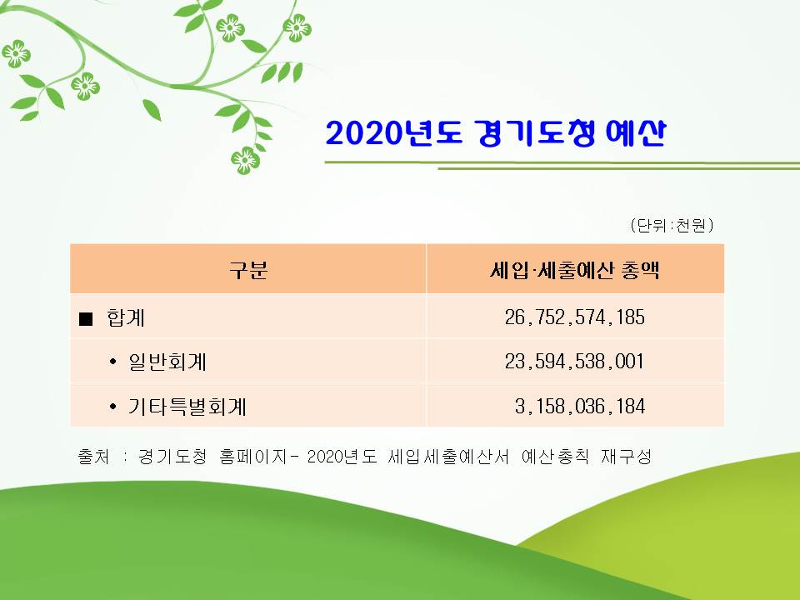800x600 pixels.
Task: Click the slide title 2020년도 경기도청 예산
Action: (x=496, y=133)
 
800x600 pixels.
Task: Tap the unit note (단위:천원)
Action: (x=672, y=225)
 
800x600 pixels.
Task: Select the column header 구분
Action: (x=248, y=270)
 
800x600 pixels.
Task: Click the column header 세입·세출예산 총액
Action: (x=575, y=270)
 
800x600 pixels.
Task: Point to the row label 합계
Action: (x=126, y=317)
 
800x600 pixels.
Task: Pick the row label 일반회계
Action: (x=167, y=362)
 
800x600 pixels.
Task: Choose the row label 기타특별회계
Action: (x=187, y=407)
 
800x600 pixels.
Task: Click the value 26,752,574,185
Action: (x=575, y=317)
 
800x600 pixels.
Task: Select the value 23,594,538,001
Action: (x=575, y=362)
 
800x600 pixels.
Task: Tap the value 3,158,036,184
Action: (x=580, y=407)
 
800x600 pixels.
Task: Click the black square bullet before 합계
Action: (x=86, y=319)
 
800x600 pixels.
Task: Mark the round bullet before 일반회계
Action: (x=112, y=362)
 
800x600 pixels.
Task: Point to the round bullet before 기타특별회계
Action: (x=112, y=407)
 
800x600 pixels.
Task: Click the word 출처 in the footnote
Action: (x=93, y=456)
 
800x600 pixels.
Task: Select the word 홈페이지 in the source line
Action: (x=253, y=456)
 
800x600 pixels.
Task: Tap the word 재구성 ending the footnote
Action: (x=626, y=456)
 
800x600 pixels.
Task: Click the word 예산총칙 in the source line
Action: (x=555, y=456)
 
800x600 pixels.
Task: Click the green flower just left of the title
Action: (x=245, y=160)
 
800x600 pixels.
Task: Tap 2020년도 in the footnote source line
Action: (x=342, y=456)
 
